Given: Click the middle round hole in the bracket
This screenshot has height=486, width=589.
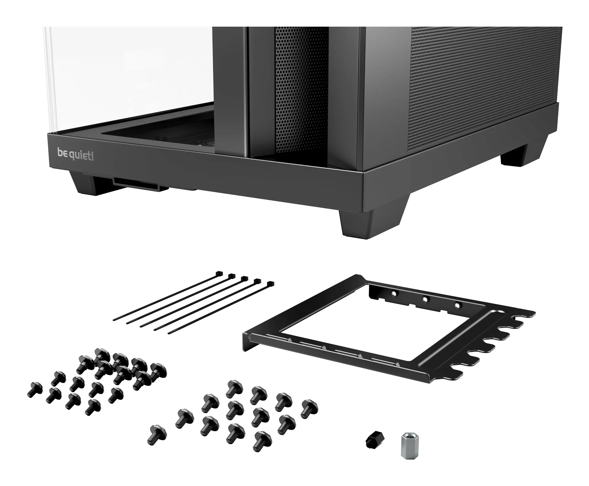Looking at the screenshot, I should pyautogui.click(x=425, y=299).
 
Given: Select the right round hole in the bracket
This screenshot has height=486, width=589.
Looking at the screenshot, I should pyautogui.click(x=457, y=306).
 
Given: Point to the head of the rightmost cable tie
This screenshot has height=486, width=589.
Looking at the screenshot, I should pyautogui.click(x=270, y=284).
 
